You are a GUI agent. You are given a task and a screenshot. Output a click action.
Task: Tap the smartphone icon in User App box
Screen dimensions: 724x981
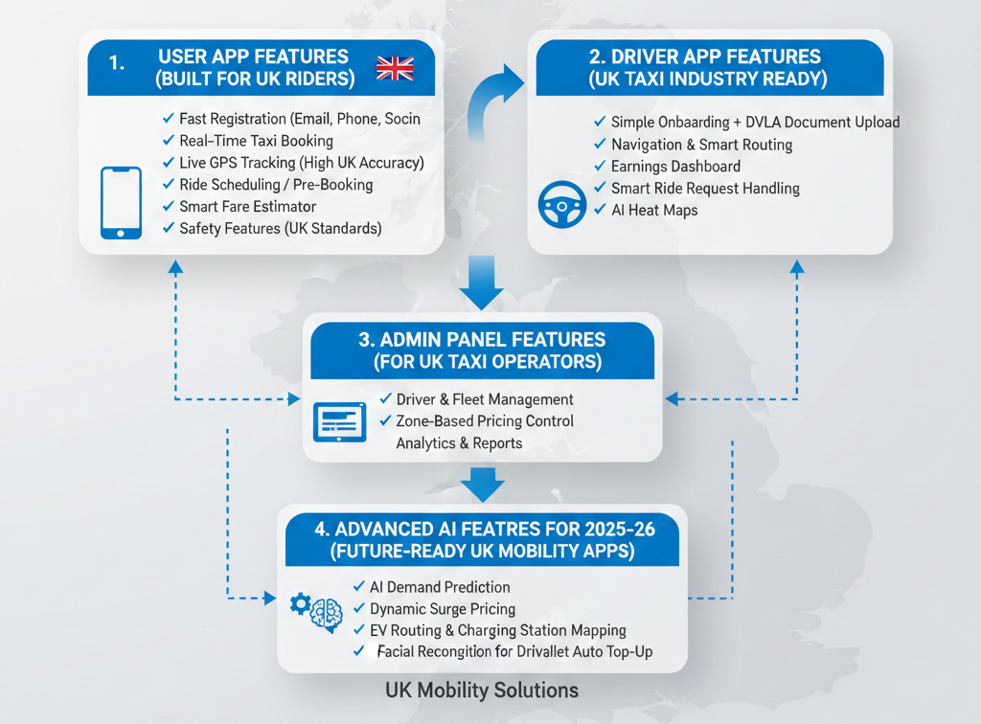121,203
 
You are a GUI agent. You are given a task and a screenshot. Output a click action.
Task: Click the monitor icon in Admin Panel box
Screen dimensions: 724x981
339,421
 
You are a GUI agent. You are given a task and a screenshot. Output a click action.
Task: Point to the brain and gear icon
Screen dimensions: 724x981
317,610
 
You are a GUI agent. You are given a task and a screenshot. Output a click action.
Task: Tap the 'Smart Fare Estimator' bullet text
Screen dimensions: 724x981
247,206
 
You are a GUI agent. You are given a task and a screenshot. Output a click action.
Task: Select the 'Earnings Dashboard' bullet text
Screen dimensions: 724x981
675,167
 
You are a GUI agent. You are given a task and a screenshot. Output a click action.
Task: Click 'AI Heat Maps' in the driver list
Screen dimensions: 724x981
654,210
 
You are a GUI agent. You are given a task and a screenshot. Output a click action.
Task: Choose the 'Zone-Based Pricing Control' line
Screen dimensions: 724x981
485,421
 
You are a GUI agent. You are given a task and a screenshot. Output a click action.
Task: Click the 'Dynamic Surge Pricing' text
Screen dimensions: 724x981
443,608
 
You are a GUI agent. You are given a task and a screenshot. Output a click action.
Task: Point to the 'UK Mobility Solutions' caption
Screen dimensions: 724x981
482,690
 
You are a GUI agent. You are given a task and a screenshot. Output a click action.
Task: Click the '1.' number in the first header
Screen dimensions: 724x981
119,63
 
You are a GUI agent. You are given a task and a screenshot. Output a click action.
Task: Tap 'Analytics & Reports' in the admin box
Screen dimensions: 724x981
459,443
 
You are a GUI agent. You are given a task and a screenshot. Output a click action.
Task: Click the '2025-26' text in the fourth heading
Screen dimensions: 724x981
628,528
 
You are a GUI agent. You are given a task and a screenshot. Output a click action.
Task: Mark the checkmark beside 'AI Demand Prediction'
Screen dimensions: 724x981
360,586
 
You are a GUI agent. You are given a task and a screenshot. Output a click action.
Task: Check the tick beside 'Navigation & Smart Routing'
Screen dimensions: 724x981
601,145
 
